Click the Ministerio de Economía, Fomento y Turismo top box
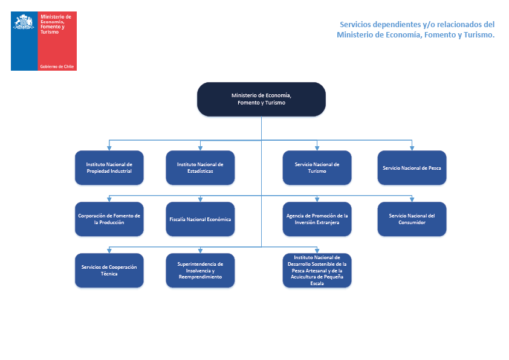tap(261, 99)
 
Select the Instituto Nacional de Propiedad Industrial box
tap(109, 167)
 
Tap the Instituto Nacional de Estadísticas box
tap(200, 167)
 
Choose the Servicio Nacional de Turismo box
tap(317, 167)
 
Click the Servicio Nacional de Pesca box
tap(412, 167)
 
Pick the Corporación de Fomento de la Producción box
tap(109, 219)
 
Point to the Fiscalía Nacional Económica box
tap(200, 219)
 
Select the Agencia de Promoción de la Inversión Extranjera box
tap(317, 219)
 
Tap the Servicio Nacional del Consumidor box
tap(412, 219)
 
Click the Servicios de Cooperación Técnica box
tap(109, 270)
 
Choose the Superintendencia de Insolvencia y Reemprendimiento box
tap(200, 270)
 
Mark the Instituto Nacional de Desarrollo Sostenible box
tap(317, 270)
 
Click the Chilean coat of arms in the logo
tap(24, 22)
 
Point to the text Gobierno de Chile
tap(57, 66)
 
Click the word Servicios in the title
tap(355, 25)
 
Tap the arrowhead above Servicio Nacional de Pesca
tap(412, 148)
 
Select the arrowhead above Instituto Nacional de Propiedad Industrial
tap(109, 148)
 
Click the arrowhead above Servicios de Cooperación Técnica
tap(109, 251)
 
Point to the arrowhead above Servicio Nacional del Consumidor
tap(412, 199)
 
